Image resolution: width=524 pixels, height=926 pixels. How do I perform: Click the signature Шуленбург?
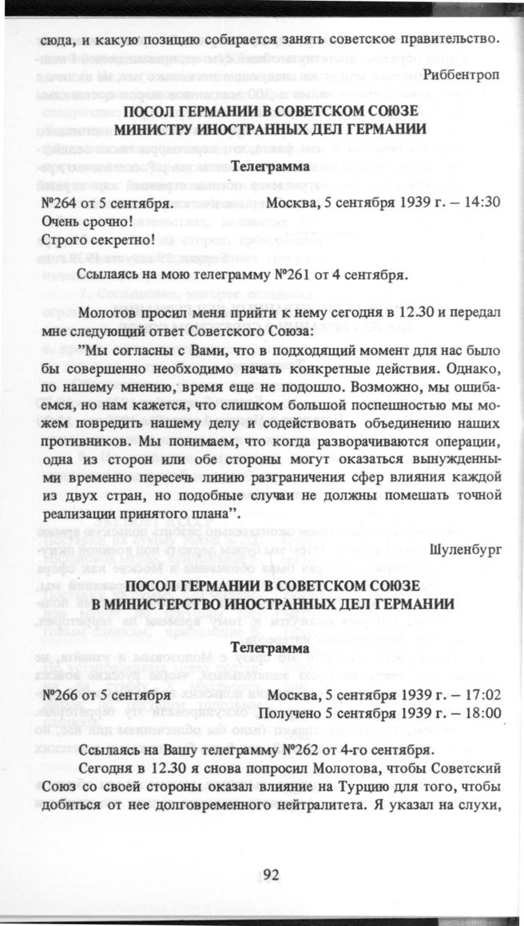[x=464, y=550]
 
